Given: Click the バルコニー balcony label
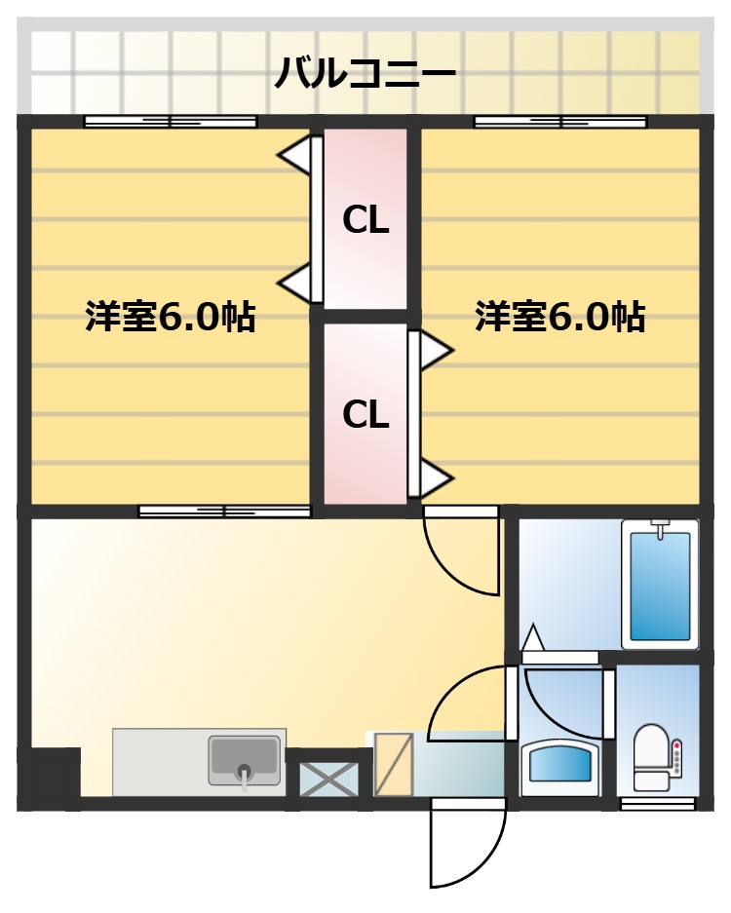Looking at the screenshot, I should (x=365, y=72).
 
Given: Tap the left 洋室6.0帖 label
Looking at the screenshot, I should (x=170, y=317).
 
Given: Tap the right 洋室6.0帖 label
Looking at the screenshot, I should (x=559, y=317).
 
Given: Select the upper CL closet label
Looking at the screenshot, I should (x=365, y=222).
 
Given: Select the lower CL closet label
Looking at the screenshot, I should (x=365, y=415).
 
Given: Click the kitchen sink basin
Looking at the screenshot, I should (x=243, y=759).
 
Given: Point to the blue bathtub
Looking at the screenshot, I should (x=660, y=585).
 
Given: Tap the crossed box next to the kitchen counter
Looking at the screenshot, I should (x=327, y=778).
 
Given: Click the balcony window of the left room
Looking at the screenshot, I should (x=171, y=122).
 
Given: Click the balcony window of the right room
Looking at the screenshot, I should (x=560, y=122).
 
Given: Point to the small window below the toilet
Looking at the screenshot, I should (x=658, y=804).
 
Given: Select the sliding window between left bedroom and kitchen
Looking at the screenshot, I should (x=224, y=511).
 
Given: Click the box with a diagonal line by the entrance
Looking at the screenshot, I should (x=394, y=763).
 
